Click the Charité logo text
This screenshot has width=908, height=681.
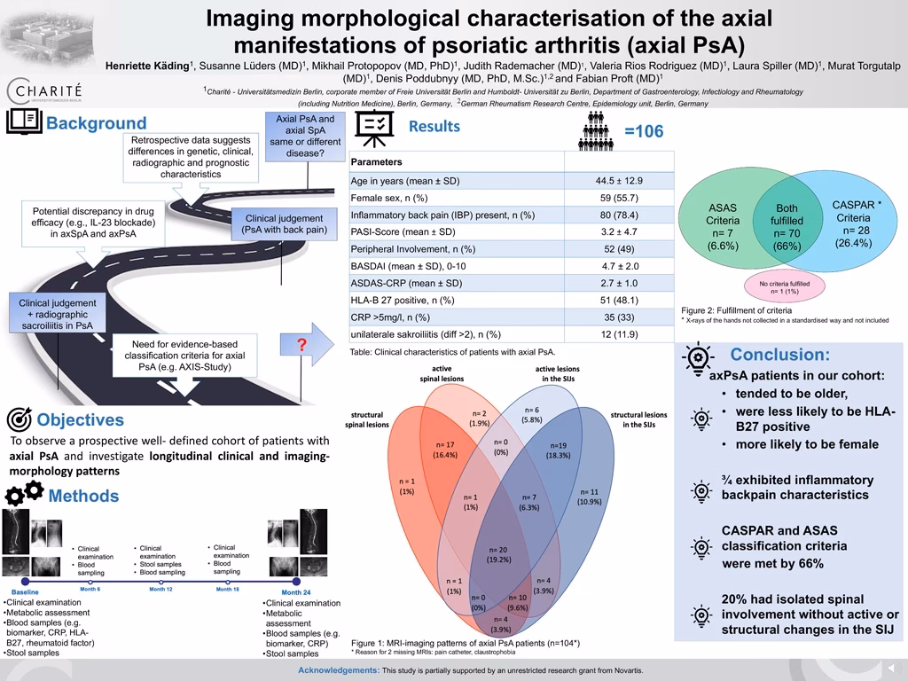coord(44,90)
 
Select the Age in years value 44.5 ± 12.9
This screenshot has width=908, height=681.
coord(619,181)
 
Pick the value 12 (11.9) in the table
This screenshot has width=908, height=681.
coord(619,334)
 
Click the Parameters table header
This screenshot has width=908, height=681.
coord(376,161)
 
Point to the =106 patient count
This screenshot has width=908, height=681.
coord(643,132)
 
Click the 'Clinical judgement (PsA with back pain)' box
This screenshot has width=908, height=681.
coord(284,224)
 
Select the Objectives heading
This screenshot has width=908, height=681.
coord(80,419)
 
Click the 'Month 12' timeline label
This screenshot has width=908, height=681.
coord(160,589)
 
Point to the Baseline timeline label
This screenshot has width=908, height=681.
coord(25,591)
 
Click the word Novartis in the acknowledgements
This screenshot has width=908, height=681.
coord(624,669)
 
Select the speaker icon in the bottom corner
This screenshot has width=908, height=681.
coord(891,668)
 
